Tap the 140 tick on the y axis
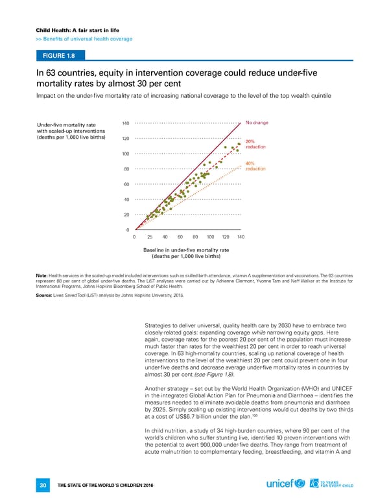(x=126, y=123)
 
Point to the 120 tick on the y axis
(x=126, y=139)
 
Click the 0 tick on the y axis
(x=128, y=230)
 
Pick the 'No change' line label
(x=257, y=123)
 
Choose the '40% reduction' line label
(x=255, y=166)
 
